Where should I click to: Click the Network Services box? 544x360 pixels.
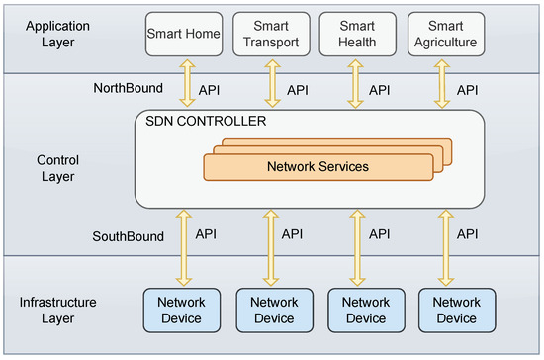click(317, 166)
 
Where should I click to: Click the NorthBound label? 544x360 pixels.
click(128, 89)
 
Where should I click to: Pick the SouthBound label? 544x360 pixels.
click(129, 236)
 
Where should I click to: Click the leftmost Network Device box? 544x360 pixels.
click(182, 310)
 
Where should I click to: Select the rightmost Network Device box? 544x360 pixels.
click(456, 310)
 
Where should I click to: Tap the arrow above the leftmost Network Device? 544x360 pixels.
click(182, 247)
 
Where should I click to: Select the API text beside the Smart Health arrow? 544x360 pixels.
click(381, 90)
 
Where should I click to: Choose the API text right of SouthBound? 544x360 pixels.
click(206, 234)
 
